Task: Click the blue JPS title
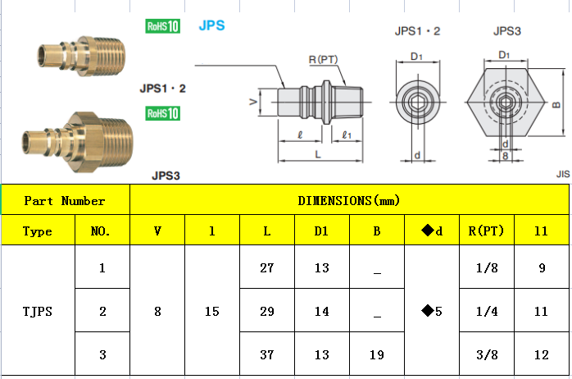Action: tap(211, 25)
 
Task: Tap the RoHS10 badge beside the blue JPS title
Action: tap(161, 26)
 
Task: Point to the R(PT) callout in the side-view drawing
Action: tap(323, 60)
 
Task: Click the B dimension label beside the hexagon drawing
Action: tap(556, 104)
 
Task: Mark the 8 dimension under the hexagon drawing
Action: tap(506, 155)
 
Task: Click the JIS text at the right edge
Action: tap(562, 174)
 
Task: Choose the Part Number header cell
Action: tap(65, 200)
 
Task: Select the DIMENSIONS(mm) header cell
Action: tap(348, 200)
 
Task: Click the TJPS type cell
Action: tap(38, 311)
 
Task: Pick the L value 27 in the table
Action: tap(266, 267)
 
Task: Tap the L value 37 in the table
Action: tap(266, 355)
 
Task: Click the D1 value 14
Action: tap(321, 312)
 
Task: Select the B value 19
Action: tap(376, 355)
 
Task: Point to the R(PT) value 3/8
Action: tap(487, 355)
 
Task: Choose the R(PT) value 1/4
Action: tap(487, 312)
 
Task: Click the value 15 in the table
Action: tap(211, 312)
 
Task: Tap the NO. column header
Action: tap(102, 231)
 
